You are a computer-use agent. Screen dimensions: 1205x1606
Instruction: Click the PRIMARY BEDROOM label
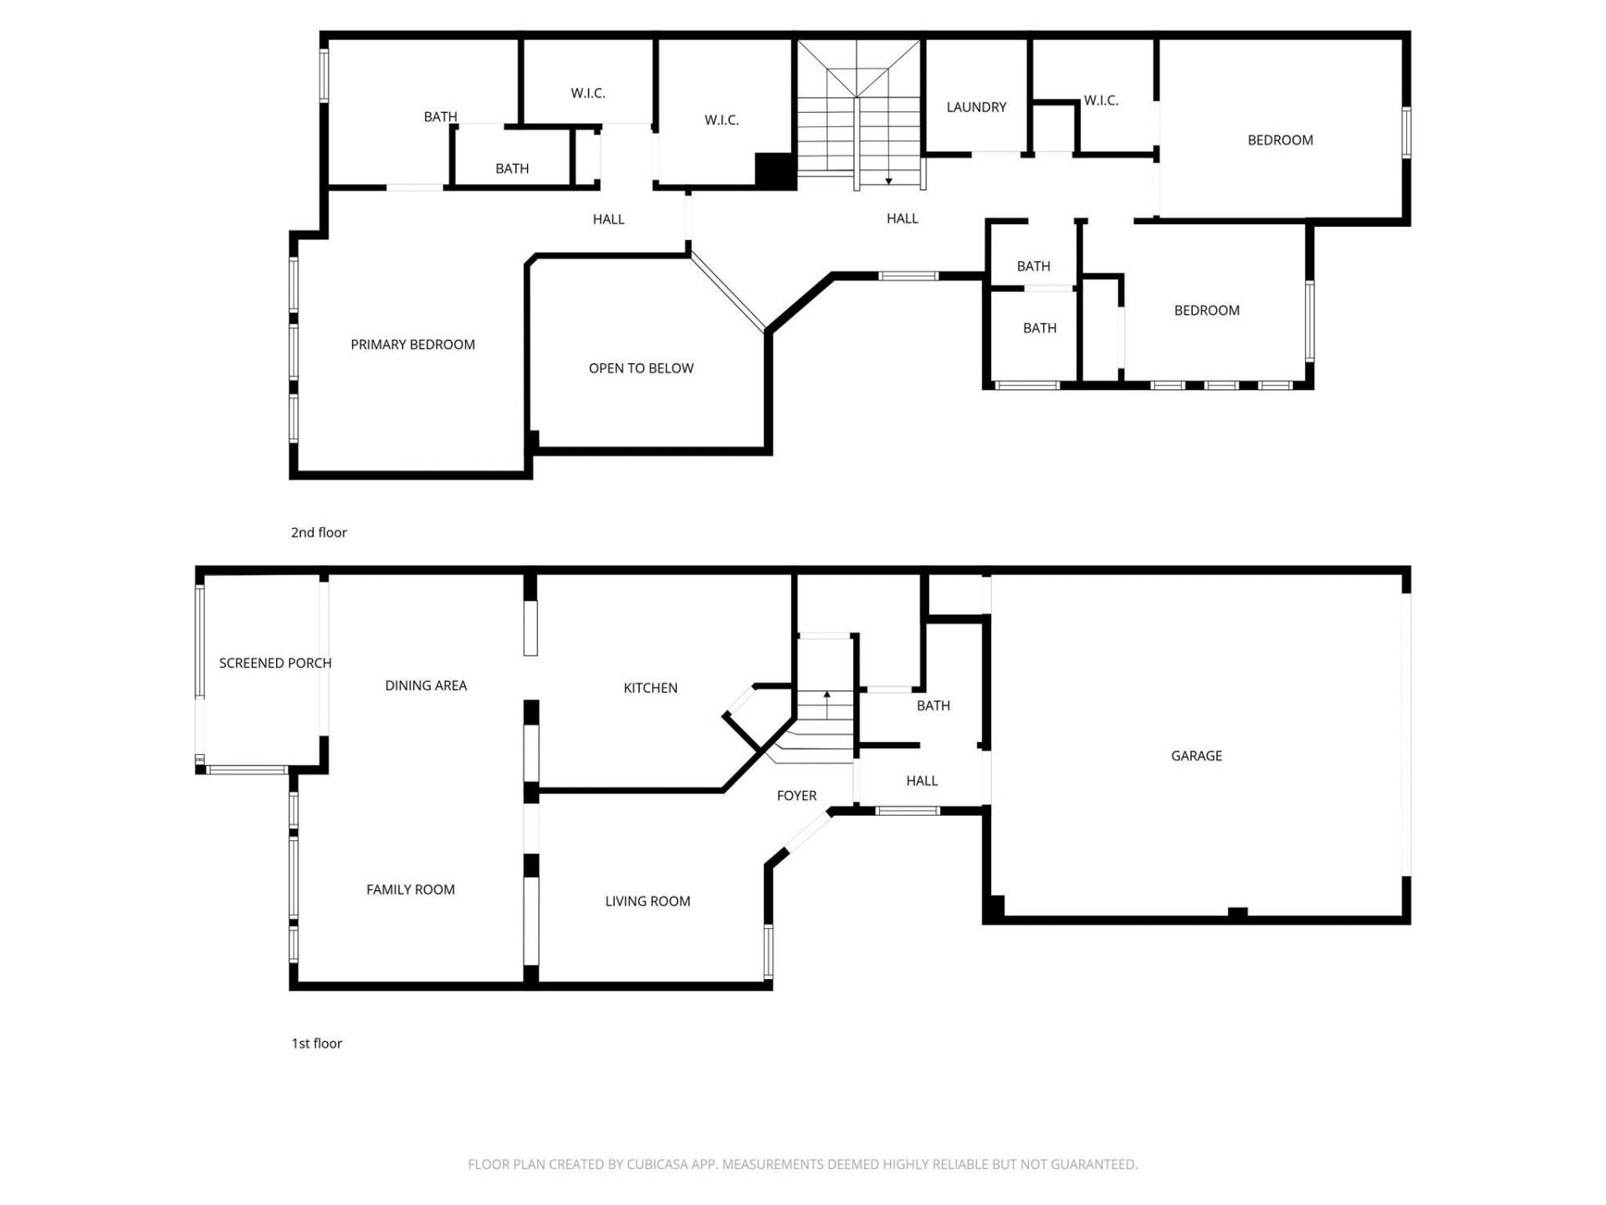412,345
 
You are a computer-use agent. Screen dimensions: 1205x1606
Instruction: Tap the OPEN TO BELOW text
641,368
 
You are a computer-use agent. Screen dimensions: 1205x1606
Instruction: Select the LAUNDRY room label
976,107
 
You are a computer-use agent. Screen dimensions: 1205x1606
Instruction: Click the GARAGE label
1196,756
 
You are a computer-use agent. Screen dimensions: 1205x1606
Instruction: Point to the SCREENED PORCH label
275,663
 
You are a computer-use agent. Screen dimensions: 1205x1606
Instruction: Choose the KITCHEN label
650,688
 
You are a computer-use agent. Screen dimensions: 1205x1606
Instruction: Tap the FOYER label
796,796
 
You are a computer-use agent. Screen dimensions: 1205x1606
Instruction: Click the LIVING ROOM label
647,901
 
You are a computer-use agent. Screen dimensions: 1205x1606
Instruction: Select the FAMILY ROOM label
410,890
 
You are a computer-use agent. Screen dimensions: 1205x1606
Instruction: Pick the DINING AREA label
426,685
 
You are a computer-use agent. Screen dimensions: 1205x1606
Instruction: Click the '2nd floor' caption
319,532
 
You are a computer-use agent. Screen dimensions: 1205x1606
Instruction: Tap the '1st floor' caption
316,1043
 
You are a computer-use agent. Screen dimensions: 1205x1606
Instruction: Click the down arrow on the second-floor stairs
888,180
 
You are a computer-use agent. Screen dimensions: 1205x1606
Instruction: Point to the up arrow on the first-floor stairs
826,695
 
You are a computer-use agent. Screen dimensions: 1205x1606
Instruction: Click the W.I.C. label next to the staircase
721,120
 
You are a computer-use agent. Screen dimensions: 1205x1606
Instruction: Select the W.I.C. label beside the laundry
1101,100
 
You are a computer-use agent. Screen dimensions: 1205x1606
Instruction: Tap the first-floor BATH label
933,705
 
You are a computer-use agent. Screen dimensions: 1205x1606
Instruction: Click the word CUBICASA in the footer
660,1164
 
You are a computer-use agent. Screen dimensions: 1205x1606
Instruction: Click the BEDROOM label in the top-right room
1280,140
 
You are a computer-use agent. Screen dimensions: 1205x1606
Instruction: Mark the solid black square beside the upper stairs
775,171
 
